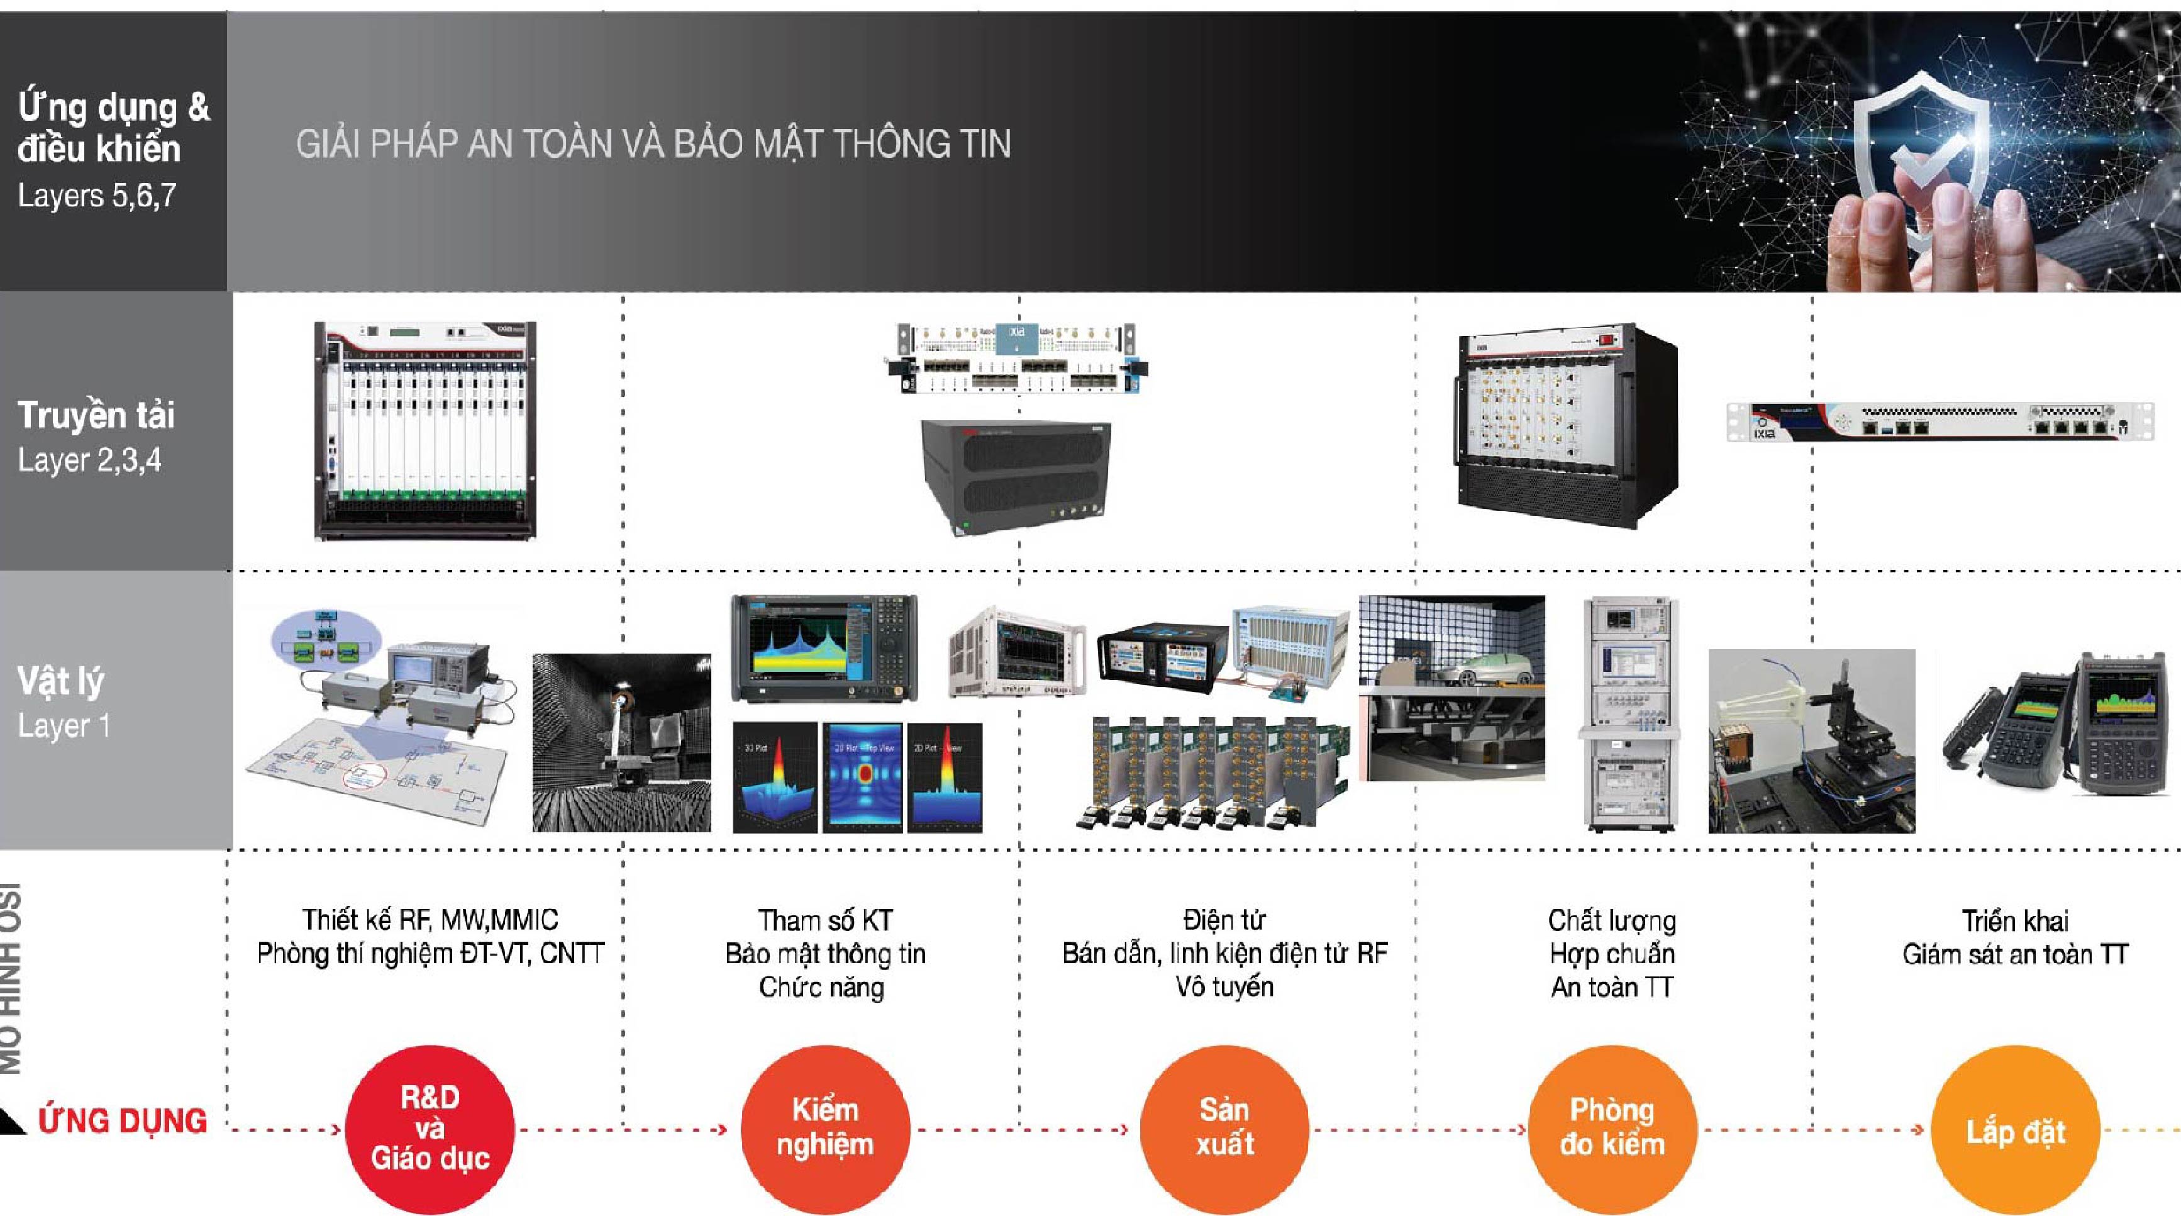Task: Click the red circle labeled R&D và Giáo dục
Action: click(430, 1128)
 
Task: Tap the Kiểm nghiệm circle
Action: click(826, 1128)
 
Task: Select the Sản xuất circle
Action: click(1224, 1128)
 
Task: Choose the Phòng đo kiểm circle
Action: click(1612, 1128)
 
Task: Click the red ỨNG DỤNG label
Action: click(123, 1121)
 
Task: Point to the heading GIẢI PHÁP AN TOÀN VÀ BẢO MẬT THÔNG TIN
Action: click(653, 144)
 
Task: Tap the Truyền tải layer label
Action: click(96, 416)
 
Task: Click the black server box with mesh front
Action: click(1016, 474)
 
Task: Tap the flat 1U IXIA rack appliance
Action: click(1939, 421)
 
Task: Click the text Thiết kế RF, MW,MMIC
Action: click(430, 920)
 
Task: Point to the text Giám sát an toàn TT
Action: click(2015, 954)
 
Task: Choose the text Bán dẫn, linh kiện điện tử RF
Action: click(1224, 954)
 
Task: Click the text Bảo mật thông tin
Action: click(826, 954)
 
